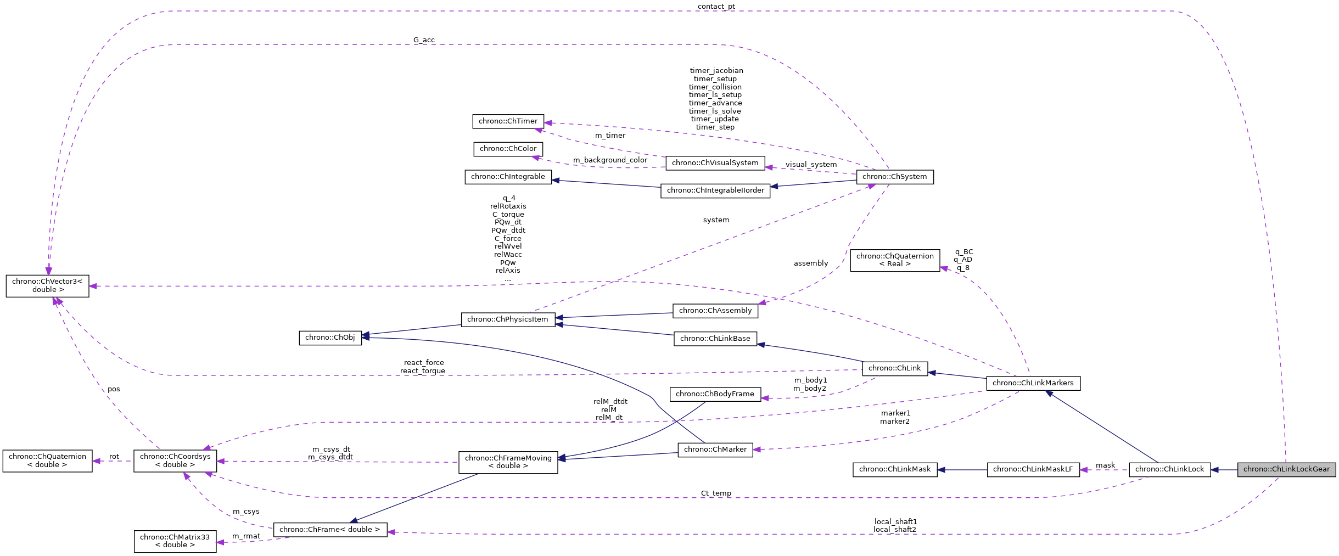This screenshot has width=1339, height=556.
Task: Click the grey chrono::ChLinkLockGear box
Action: pos(1286,469)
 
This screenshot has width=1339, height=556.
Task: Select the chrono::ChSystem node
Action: pos(894,177)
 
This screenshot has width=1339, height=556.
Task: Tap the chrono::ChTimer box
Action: pos(508,121)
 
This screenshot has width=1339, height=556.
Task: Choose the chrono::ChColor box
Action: pos(508,149)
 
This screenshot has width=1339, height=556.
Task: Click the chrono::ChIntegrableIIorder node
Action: pos(715,190)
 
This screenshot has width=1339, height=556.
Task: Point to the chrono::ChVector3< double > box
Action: pos(47,285)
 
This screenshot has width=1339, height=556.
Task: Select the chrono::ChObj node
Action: pos(330,338)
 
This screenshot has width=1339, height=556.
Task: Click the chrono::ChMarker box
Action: pos(715,450)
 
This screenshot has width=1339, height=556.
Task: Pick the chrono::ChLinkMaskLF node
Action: pos(1033,469)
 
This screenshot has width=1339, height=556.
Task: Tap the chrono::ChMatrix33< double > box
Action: pos(175,541)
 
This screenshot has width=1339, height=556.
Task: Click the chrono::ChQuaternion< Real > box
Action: pos(894,260)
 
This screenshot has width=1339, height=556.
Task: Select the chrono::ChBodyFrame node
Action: pos(715,394)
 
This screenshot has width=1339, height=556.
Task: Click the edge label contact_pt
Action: pos(716,7)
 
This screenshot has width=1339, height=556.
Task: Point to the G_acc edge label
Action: pos(424,40)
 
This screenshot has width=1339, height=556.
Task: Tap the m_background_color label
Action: pos(610,160)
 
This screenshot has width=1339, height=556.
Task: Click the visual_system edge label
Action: pos(810,165)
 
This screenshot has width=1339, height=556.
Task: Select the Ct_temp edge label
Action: pos(716,493)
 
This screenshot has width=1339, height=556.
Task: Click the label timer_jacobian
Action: pos(716,71)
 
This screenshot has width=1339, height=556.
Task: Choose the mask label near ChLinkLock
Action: pos(1105,465)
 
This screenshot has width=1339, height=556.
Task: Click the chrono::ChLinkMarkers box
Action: pos(1033,383)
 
